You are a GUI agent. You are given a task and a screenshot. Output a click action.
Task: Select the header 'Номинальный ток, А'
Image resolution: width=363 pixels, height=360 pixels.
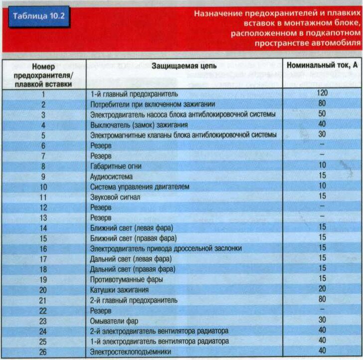click(x=322, y=65)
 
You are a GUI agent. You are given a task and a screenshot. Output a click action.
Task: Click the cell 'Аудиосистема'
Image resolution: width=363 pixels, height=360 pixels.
click(x=111, y=177)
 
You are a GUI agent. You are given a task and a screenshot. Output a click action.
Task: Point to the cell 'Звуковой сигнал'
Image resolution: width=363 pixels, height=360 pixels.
click(x=115, y=197)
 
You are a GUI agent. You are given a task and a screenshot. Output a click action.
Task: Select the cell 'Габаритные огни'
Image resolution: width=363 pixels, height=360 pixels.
click(x=116, y=166)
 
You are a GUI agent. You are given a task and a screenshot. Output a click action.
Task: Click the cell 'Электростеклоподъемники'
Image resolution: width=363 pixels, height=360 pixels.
click(x=131, y=352)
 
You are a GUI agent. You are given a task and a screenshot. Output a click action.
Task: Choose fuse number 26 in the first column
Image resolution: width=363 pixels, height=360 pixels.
click(x=43, y=352)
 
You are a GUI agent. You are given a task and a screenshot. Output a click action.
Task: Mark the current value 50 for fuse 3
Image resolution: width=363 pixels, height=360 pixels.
click(x=322, y=114)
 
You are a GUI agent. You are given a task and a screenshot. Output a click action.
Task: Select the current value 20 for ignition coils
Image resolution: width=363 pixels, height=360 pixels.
click(x=322, y=289)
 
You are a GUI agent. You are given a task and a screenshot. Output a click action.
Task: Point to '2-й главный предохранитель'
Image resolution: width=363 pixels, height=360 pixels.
click(x=134, y=300)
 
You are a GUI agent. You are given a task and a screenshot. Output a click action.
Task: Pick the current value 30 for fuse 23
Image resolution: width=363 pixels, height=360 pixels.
click(x=322, y=320)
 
